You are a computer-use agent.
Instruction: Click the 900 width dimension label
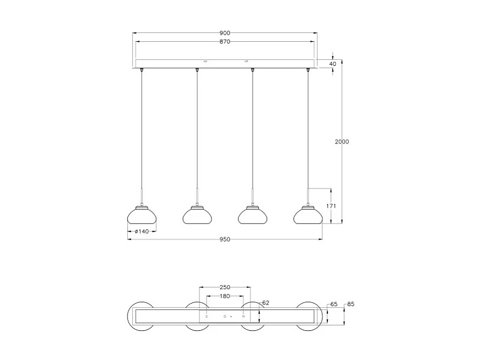(x=225, y=33)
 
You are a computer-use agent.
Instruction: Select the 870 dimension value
(x=225, y=42)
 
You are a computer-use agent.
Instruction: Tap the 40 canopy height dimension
(x=332, y=64)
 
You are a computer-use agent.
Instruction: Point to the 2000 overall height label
(x=342, y=142)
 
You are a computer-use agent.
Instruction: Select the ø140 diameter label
(x=142, y=231)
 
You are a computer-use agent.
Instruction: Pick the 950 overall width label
(x=225, y=240)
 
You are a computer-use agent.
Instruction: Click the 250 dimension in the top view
(x=225, y=287)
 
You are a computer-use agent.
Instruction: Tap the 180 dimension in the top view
(x=225, y=296)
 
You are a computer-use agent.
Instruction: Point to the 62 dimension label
(x=266, y=303)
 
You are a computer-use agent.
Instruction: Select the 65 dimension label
(x=333, y=304)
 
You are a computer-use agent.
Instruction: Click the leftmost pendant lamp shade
(x=142, y=215)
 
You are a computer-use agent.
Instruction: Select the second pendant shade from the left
(x=197, y=215)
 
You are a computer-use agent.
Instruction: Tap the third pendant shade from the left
(x=253, y=215)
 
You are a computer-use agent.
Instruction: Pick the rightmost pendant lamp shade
(x=308, y=215)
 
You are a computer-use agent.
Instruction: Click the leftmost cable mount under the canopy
(x=142, y=70)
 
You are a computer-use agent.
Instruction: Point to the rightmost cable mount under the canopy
(x=308, y=70)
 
